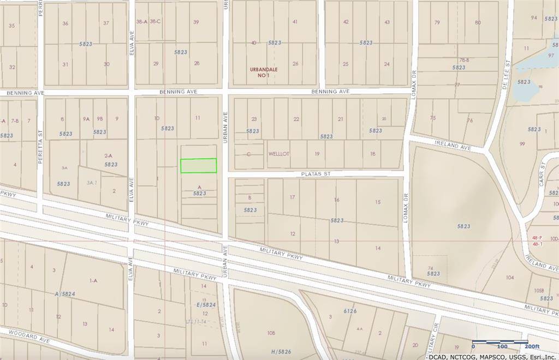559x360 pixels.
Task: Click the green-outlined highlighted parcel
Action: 199,166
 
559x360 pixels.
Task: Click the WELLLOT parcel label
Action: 278,154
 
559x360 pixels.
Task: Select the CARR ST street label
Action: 542,175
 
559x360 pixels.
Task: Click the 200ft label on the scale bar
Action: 531,346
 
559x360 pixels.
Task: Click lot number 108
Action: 271,332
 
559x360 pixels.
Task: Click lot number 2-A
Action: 108,155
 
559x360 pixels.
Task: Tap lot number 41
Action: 295,22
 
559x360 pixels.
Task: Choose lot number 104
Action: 509,278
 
